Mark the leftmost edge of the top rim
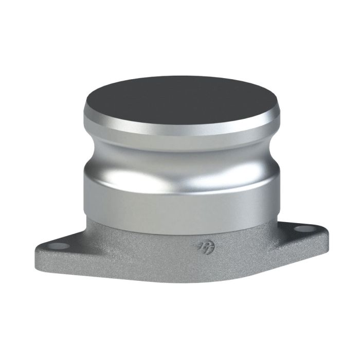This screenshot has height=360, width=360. (x=84, y=111)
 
